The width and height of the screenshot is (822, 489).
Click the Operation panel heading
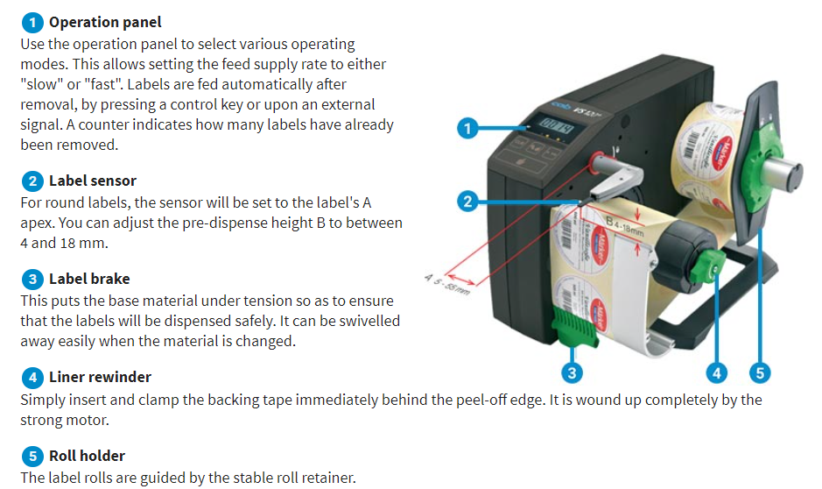(x=105, y=22)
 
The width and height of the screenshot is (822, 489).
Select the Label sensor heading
(x=93, y=181)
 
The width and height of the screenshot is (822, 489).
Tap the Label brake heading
(x=89, y=280)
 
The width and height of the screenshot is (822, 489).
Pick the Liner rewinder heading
(x=100, y=378)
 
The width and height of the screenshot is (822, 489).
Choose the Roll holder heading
(x=87, y=456)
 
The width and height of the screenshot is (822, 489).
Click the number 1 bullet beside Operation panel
(x=32, y=22)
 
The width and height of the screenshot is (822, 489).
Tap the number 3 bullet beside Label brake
(x=32, y=280)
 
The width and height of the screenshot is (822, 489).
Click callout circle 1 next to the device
(x=467, y=129)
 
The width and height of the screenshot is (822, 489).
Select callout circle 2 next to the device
(x=467, y=202)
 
